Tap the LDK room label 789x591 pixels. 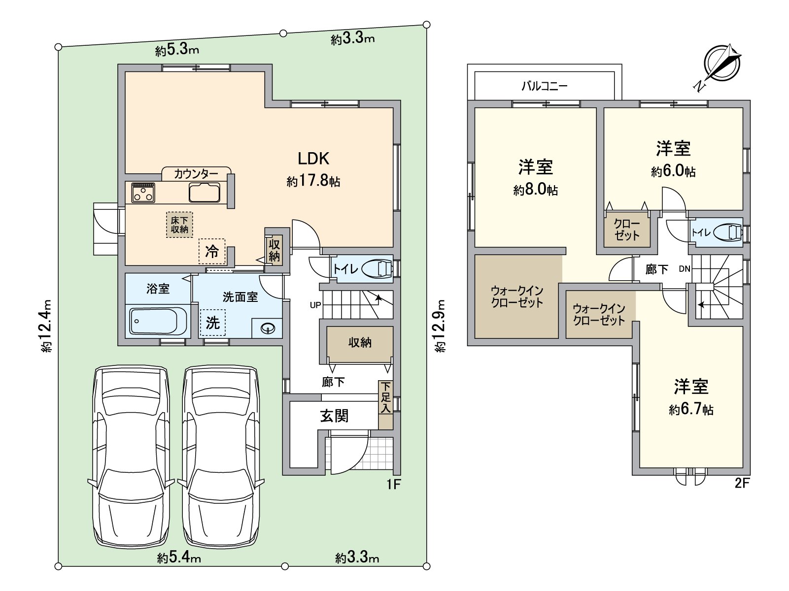pos(313,159)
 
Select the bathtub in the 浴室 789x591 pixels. pos(158,321)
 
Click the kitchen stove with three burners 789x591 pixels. pos(143,193)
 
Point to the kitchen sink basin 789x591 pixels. pos(205,193)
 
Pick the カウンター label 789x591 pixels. pos(196,174)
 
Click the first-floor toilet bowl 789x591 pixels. pos(377,268)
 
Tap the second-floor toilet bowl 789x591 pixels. pos(728,232)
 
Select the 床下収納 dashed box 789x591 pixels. pos(179,225)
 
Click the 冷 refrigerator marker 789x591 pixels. pos(212,251)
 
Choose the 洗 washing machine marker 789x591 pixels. pos(213,323)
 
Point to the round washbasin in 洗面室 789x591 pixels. pos(268,328)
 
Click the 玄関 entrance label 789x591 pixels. pos(335,416)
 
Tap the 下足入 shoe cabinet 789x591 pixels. pos(386,405)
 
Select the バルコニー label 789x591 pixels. pos(545,86)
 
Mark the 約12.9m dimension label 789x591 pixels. pos(441,326)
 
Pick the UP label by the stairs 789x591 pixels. pos(315,305)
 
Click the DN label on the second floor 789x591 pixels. pos(685,268)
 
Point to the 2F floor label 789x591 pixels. pos(742,483)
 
